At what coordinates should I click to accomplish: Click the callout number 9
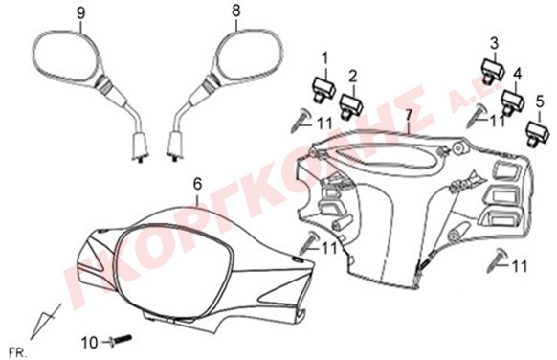click(x=81, y=13)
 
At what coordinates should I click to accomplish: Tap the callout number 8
click(x=235, y=11)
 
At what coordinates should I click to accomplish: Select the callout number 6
click(x=197, y=184)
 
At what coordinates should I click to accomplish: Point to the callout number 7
click(x=409, y=115)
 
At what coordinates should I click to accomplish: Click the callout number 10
click(x=89, y=344)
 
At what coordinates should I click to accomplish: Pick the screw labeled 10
click(x=121, y=340)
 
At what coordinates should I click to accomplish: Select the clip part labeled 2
click(x=350, y=105)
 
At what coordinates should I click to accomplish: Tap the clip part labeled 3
click(x=493, y=72)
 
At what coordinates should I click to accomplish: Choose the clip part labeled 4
click(x=513, y=102)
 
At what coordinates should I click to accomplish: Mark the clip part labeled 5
click(x=538, y=134)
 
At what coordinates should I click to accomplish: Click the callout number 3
click(x=495, y=44)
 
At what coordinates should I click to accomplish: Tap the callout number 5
click(x=540, y=102)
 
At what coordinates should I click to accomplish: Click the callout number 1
click(x=325, y=59)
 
